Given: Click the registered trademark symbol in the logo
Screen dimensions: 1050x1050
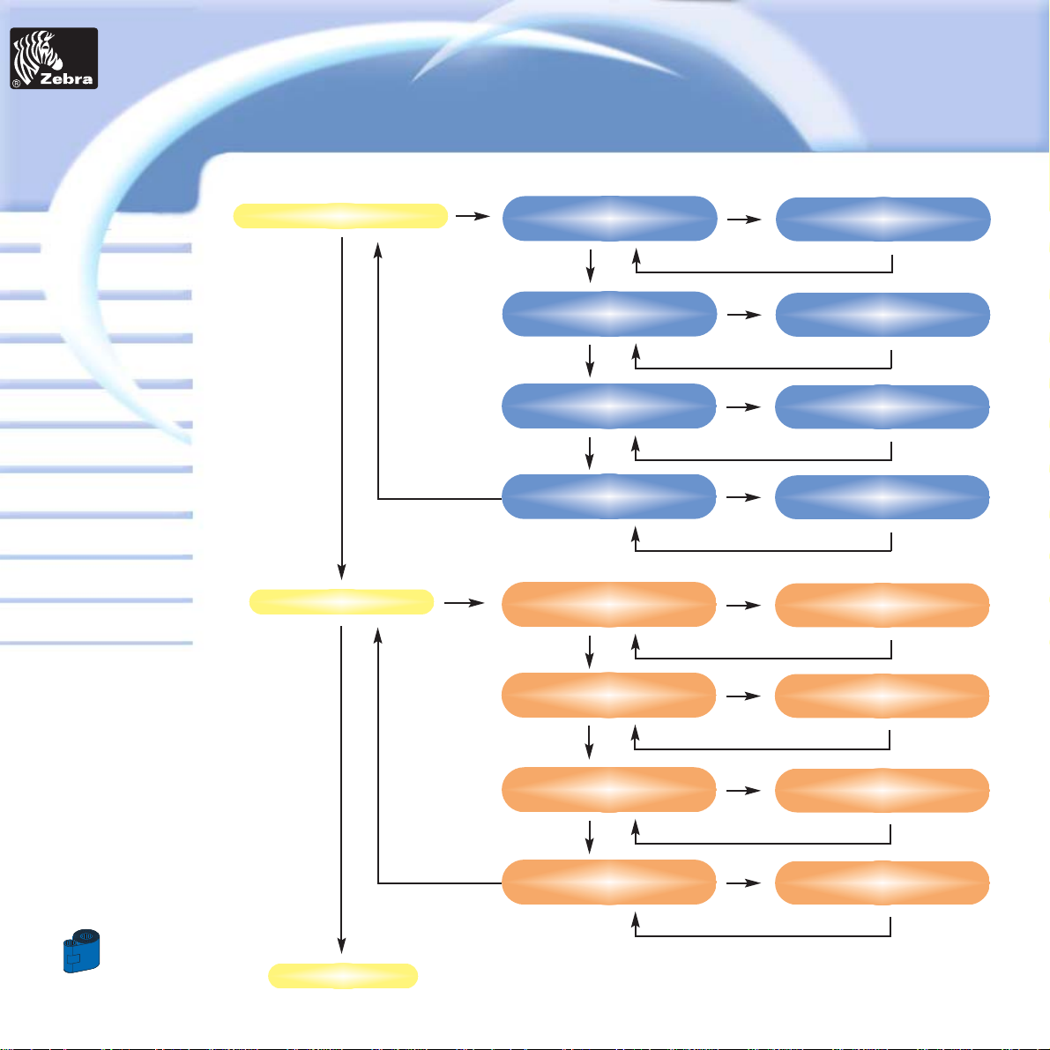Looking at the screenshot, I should (x=16, y=84).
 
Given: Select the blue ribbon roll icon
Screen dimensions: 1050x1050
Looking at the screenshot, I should (x=81, y=950).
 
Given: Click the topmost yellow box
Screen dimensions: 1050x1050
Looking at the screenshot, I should (x=339, y=216).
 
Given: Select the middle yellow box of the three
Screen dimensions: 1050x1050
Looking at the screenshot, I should (x=341, y=602).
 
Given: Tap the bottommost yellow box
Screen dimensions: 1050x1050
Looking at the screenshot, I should (x=342, y=976).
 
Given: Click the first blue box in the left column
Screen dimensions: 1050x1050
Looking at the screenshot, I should (x=608, y=218).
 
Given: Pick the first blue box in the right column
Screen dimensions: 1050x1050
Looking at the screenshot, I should (x=882, y=220).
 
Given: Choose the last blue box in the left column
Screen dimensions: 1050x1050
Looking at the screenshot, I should (x=608, y=496).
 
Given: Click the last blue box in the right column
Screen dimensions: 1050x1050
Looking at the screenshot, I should (x=882, y=497).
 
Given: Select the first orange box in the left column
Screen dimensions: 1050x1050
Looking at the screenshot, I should (x=608, y=604).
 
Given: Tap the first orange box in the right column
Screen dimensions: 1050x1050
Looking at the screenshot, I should (x=882, y=605).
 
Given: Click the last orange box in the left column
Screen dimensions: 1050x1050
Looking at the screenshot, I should (x=608, y=882).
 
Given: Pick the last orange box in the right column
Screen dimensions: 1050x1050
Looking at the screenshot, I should (x=882, y=882).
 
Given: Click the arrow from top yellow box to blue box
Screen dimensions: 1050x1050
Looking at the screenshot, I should (x=473, y=215).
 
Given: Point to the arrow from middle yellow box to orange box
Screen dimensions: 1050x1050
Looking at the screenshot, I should (x=465, y=603).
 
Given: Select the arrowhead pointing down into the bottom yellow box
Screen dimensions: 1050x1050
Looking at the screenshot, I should (x=341, y=947).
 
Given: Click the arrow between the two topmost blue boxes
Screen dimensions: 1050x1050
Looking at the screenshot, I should (x=745, y=219).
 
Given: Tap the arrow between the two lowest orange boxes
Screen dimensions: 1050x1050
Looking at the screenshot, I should (x=745, y=882).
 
